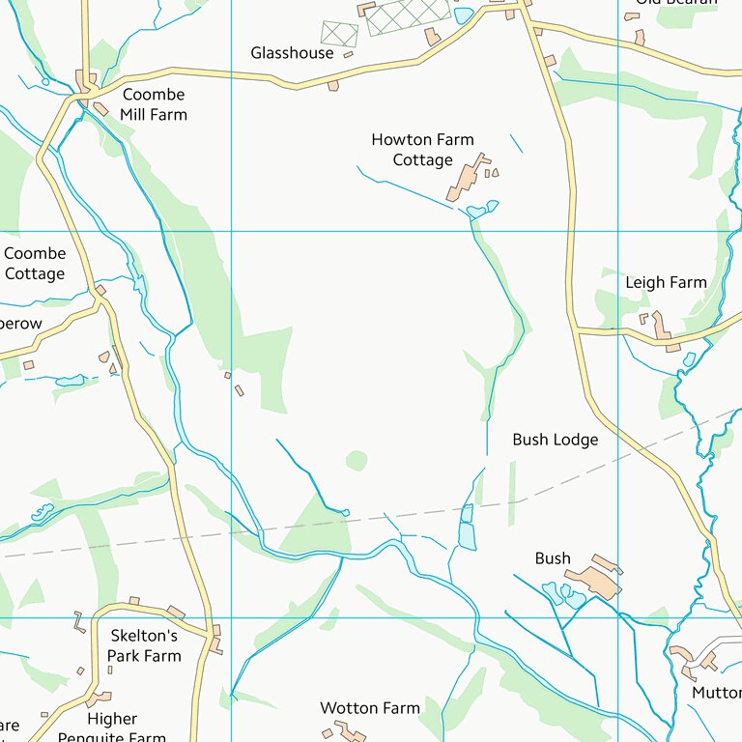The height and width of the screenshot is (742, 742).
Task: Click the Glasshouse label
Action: pos(292,53)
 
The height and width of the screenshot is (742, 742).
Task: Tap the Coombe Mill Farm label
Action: pos(154,104)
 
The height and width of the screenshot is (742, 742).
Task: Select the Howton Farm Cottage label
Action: pos(422,150)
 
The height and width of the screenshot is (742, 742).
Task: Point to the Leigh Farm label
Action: pos(666,283)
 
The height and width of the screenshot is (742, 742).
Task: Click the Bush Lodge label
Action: pos(555,440)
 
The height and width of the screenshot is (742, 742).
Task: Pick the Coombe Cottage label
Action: pos(35,264)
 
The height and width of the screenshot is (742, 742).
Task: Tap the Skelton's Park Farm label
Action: pos(144,645)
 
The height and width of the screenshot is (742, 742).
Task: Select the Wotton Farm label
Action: pos(370,708)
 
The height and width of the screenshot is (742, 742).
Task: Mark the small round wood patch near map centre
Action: pos(357,460)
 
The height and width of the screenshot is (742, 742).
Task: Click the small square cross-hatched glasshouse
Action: pos(339,34)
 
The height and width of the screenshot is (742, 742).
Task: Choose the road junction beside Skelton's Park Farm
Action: pos(209,635)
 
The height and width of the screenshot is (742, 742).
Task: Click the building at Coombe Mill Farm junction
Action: pos(83,78)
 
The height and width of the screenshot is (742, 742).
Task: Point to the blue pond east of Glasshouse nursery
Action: pos(464,15)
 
